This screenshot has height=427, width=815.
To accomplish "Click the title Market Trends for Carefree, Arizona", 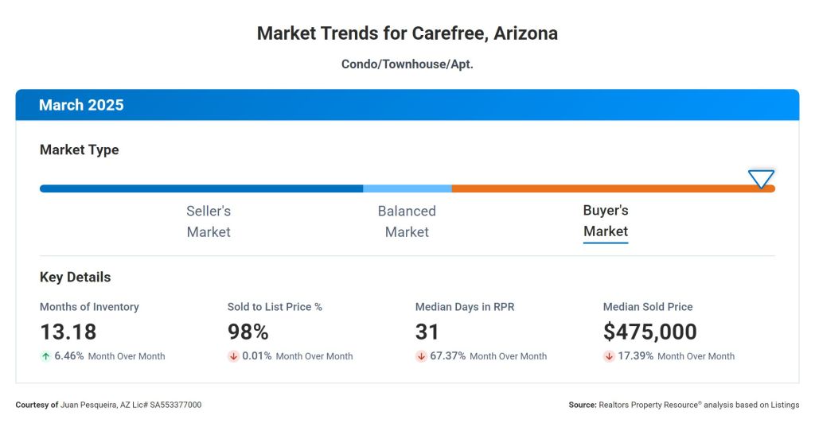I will pyautogui.click(x=407, y=33).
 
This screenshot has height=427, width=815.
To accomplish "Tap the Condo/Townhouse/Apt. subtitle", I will pyautogui.click(x=407, y=64).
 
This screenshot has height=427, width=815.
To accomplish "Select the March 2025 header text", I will pyautogui.click(x=81, y=105).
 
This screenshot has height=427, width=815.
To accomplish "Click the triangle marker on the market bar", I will pyautogui.click(x=761, y=179).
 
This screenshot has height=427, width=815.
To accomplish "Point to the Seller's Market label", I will pyautogui.click(x=209, y=221).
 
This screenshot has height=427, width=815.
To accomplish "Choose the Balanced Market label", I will pyautogui.click(x=407, y=221).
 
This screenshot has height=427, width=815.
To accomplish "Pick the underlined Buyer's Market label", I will pyautogui.click(x=606, y=221).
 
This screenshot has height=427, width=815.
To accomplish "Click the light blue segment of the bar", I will pyautogui.click(x=407, y=188).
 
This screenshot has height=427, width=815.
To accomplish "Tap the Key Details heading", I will pyautogui.click(x=76, y=278).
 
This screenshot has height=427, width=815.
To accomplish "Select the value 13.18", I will pyautogui.click(x=68, y=332).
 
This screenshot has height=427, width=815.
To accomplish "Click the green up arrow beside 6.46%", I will pyautogui.click(x=45, y=356).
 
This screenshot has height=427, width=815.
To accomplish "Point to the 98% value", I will pyautogui.click(x=248, y=332).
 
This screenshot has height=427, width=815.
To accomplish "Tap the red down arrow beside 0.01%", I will pyautogui.click(x=233, y=356).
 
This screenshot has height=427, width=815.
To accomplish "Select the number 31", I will pyautogui.click(x=427, y=332).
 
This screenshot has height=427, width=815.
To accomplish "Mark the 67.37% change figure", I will pyautogui.click(x=448, y=356).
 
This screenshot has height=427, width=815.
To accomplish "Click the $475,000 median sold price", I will pyautogui.click(x=649, y=332).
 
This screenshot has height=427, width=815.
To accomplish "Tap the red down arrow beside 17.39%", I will pyautogui.click(x=609, y=356).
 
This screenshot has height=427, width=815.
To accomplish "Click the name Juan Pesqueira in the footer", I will pyautogui.click(x=90, y=405).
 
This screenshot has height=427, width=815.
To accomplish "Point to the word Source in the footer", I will pyautogui.click(x=581, y=405).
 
